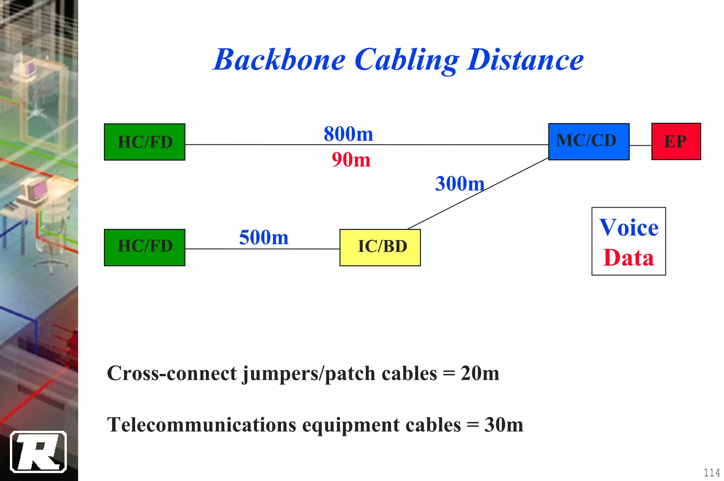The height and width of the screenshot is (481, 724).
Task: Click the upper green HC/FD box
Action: click(x=145, y=142)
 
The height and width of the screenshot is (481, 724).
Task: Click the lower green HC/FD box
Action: click(x=145, y=247)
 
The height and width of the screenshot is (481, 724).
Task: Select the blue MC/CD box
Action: click(x=589, y=141)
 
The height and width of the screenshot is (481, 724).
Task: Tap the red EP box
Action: click(x=676, y=141)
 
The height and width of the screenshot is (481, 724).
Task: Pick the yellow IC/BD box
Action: click(x=380, y=247)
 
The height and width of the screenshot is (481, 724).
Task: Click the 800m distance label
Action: click(x=348, y=134)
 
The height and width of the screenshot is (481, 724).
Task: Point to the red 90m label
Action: click(x=351, y=160)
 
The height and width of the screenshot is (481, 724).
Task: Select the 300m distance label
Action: click(x=459, y=184)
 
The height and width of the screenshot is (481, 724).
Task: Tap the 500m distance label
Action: click(x=264, y=237)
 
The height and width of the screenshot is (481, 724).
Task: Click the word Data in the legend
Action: click(x=629, y=258)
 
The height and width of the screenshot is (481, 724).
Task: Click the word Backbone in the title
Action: click(x=279, y=60)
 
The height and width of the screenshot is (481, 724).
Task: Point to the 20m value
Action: click(x=480, y=373)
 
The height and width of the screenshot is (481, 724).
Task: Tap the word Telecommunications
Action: click(x=202, y=425)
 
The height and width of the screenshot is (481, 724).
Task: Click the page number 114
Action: click(x=712, y=473)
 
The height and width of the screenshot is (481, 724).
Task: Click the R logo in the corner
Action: click(x=38, y=452)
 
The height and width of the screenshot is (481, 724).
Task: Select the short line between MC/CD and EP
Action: click(x=640, y=145)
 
